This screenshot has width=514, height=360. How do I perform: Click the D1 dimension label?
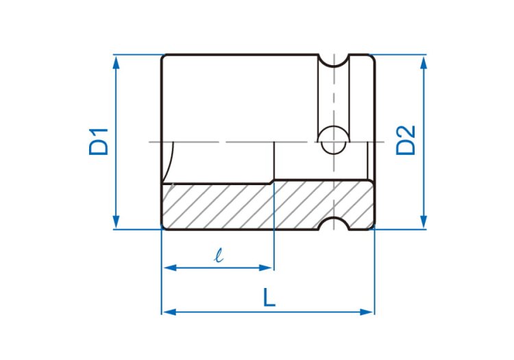tap(98, 142)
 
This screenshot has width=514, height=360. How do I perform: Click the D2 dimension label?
tap(406, 141)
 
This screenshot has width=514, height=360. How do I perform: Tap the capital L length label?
tap(269, 298)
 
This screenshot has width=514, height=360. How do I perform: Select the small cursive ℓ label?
tap(219, 255)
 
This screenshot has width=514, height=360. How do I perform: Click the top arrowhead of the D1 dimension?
tap(116, 62)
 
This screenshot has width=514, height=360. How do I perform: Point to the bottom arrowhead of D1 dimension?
tap(116, 221)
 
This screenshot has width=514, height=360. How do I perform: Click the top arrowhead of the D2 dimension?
tap(424, 62)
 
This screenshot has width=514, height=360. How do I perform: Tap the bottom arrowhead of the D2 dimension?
tap(424, 221)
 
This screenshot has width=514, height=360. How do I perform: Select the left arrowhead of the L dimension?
tap(169, 312)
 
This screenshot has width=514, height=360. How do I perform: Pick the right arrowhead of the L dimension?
tap(367, 312)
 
